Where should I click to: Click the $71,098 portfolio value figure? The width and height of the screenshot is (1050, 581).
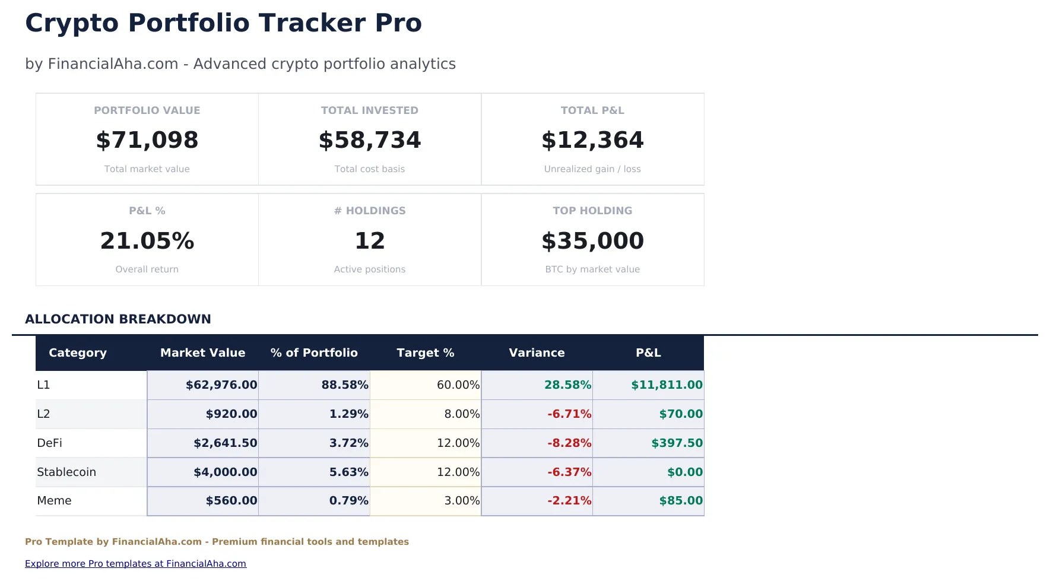[147, 140]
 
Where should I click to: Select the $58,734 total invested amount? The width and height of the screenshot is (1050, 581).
[369, 140]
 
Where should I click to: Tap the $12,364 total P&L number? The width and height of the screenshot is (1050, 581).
[592, 140]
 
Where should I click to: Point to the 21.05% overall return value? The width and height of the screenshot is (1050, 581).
[147, 241]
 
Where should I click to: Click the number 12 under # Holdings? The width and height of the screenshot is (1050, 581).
[369, 241]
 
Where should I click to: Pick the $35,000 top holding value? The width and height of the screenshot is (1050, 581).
[592, 241]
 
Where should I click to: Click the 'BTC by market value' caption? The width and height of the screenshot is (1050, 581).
[592, 269]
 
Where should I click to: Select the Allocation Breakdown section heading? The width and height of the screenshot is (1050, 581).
[118, 319]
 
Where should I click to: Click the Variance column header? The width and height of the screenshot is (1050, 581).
[536, 353]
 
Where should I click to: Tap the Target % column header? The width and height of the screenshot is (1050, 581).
[425, 353]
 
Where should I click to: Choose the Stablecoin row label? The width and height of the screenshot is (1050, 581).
[66, 472]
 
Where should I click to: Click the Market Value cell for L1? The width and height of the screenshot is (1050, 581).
[221, 385]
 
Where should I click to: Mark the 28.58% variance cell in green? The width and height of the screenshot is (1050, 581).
[567, 385]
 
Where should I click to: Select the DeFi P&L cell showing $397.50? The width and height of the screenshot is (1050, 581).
[676, 443]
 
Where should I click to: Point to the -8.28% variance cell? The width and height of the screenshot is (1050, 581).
[569, 443]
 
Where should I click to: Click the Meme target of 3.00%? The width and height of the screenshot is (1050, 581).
[461, 500]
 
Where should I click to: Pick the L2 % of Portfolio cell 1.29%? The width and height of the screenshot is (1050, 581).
[348, 414]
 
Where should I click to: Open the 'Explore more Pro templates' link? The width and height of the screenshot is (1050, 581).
[135, 563]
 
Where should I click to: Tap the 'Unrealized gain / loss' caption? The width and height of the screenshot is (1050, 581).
[592, 169]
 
